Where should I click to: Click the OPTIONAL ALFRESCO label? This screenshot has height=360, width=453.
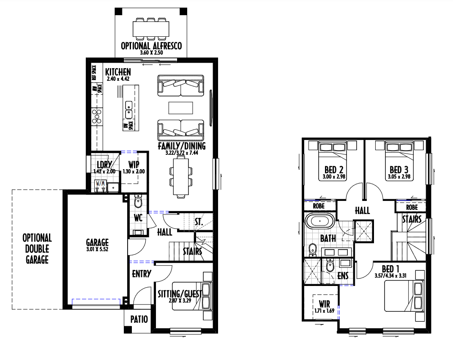click(x=151, y=46)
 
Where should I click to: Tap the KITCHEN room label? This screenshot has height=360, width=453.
click(x=118, y=72)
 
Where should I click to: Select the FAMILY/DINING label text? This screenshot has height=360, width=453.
click(x=182, y=146)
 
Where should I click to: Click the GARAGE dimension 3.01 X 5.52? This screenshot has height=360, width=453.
click(x=97, y=249)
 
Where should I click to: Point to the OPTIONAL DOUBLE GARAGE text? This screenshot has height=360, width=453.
click(x=37, y=249)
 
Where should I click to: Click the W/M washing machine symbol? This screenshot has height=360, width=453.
click(x=101, y=186)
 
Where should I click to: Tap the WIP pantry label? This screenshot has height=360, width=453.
click(x=134, y=165)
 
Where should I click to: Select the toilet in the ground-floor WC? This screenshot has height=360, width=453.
click(x=138, y=201)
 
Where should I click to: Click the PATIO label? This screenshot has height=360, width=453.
click(x=139, y=319)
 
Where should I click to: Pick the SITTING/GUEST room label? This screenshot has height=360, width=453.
click(x=180, y=294)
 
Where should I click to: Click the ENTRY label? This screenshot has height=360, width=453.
click(x=142, y=274)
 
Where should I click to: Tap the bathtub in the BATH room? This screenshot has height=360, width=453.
click(x=320, y=221)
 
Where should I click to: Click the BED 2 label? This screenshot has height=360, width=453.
click(x=334, y=170)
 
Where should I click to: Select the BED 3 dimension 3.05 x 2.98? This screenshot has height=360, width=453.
click(x=398, y=176)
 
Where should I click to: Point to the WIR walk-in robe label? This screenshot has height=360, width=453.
click(x=325, y=304)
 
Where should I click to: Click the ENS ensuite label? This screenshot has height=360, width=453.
click(x=343, y=275)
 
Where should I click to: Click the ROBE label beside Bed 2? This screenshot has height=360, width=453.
click(x=319, y=206)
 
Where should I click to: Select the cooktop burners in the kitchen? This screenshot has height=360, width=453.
click(x=97, y=116)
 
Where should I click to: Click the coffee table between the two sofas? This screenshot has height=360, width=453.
click(x=181, y=108)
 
